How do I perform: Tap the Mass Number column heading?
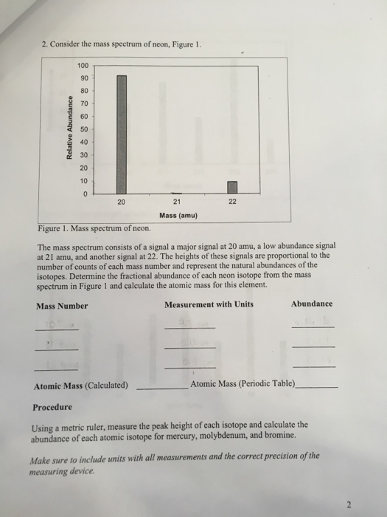point(62,305)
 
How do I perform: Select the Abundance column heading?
point(312,304)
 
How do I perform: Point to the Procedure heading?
point(52,407)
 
